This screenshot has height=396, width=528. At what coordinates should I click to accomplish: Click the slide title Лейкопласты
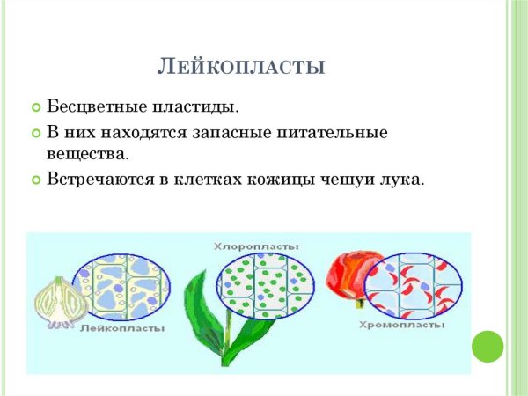241,66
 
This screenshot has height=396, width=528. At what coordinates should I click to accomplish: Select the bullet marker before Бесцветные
36,108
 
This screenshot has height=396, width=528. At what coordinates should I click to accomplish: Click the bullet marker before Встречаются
36,180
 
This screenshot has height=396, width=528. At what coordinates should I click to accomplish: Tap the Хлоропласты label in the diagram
256,246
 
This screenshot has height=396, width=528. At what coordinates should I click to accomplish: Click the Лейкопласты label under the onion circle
122,327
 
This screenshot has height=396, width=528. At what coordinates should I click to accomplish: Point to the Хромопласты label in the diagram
401,326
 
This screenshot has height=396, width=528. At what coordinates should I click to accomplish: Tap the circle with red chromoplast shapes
412,284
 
